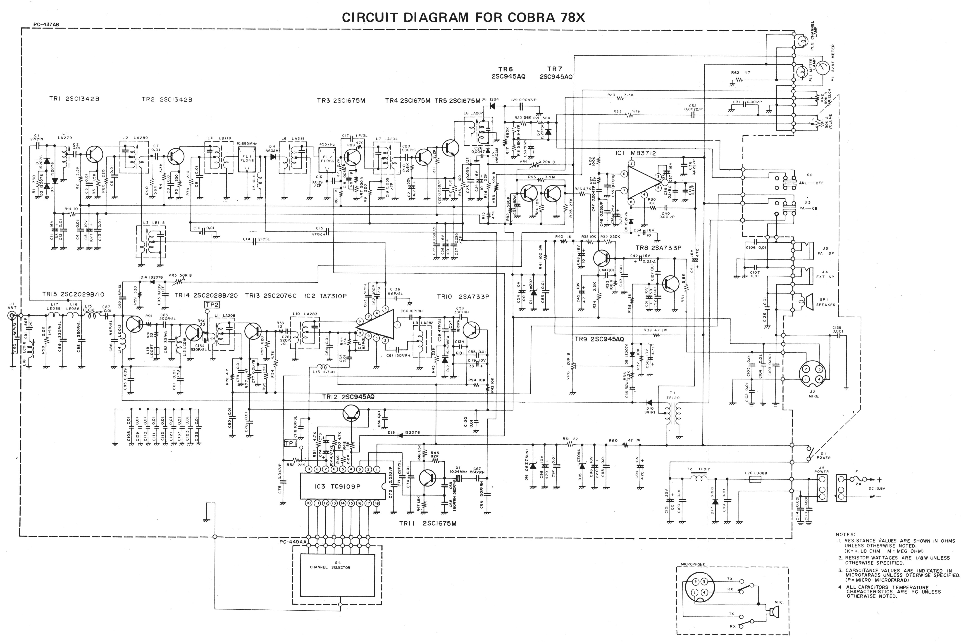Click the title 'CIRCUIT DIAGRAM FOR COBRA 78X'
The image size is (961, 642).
463,18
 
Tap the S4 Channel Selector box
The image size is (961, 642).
338,575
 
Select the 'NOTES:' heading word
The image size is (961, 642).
845,534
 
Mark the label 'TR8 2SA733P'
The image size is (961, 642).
658,248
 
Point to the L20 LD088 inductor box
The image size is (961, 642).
755,479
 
